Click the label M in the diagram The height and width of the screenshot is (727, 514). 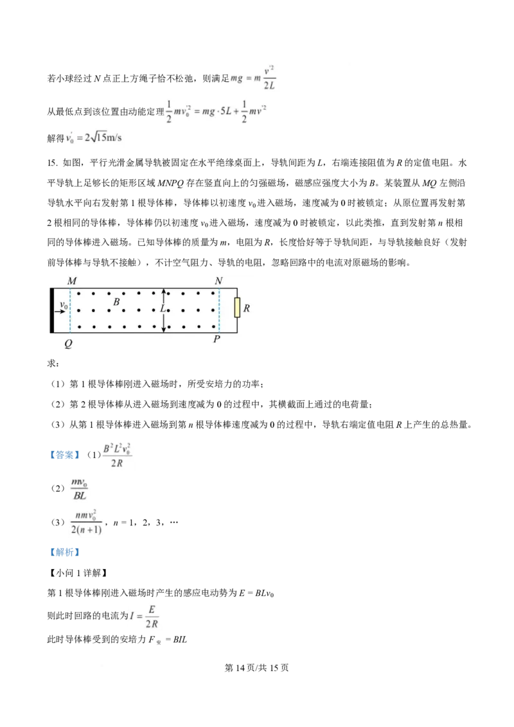click(x=72, y=281)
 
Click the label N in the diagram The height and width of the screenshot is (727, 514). click(x=218, y=281)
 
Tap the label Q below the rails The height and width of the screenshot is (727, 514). click(x=69, y=344)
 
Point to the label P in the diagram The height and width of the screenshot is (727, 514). click(x=217, y=339)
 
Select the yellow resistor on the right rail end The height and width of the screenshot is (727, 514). click(x=237, y=308)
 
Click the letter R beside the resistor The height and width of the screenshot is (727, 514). click(x=246, y=308)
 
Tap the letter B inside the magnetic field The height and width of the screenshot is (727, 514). click(x=116, y=302)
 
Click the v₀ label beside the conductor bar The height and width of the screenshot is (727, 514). click(x=64, y=305)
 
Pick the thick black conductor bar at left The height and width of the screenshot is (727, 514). click(x=52, y=311)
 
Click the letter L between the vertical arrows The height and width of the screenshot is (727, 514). click(x=163, y=309)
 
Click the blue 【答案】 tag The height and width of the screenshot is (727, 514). click(x=65, y=455)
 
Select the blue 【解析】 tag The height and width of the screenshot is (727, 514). click(x=65, y=552)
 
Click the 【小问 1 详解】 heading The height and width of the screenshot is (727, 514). click(x=78, y=573)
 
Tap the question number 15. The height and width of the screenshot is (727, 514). click(x=53, y=162)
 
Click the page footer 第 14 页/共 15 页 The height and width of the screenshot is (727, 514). click(x=256, y=668)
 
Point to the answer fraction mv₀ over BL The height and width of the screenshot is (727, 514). click(x=79, y=489)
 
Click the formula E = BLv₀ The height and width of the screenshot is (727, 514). click(x=256, y=593)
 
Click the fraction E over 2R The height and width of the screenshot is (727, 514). click(x=152, y=617)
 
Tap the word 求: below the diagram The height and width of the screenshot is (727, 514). click(x=53, y=363)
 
